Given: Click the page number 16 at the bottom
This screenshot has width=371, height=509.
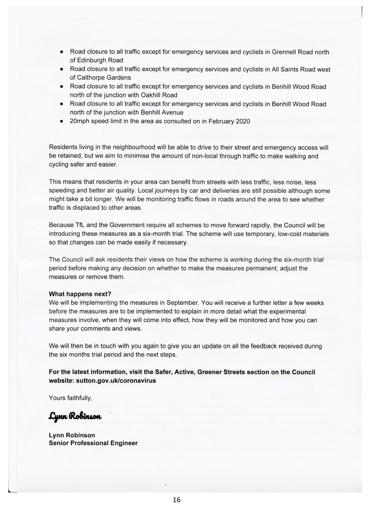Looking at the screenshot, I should click(x=177, y=500).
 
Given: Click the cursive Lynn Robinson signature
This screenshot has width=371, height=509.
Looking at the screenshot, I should click(x=75, y=416).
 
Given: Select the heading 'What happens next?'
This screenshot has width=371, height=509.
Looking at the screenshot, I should click(x=80, y=294).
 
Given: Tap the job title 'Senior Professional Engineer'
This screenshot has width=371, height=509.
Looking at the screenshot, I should click(x=93, y=443).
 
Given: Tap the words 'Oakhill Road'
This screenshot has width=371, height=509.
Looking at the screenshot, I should click(x=160, y=95).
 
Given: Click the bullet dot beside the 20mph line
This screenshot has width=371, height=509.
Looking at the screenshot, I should click(x=61, y=122).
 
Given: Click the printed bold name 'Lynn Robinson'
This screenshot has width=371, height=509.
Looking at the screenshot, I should click(x=72, y=435).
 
